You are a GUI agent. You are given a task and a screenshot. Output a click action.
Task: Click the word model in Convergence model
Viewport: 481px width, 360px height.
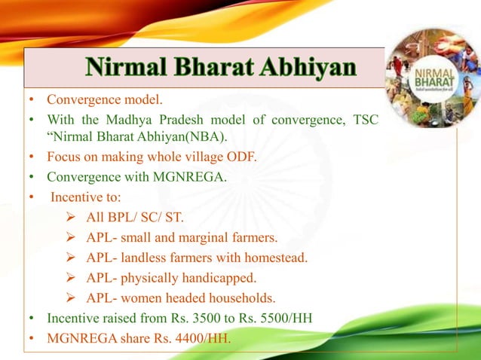[x=144, y=100]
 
